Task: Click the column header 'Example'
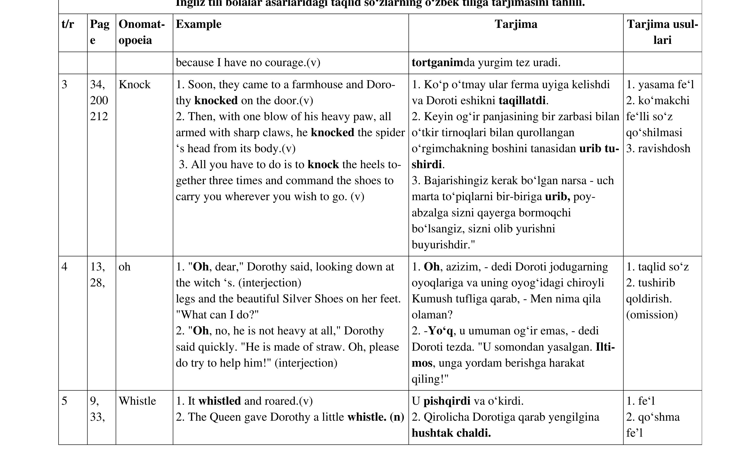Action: tap(198, 24)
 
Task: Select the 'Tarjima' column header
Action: tap(516, 24)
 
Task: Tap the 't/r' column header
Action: tap(68, 24)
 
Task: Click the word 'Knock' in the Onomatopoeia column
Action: tap(135, 85)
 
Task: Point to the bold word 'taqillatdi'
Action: tap(522, 101)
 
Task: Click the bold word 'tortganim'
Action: tap(437, 63)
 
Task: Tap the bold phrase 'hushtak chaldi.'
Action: tap(451, 433)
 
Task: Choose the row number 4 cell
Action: tap(64, 267)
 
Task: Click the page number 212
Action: tap(99, 117)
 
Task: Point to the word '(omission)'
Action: tap(652, 315)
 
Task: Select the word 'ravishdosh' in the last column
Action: tap(664, 149)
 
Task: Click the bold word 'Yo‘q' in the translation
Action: tap(441, 331)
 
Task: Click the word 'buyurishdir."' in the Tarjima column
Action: tap(443, 245)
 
